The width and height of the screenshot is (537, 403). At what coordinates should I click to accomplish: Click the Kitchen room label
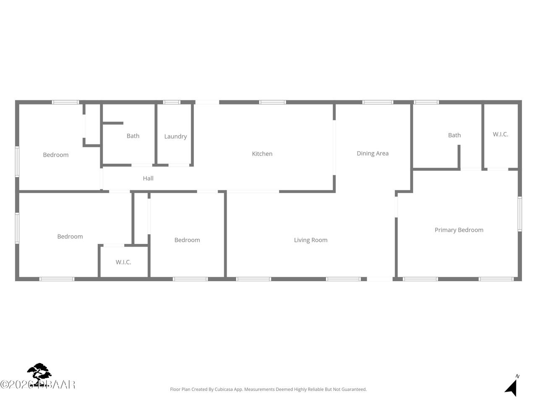tap(262, 154)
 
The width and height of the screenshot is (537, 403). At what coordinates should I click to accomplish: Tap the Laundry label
tap(175, 136)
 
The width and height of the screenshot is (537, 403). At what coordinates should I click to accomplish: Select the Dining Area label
tap(373, 154)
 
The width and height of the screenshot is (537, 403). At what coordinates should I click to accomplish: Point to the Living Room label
tap(310, 240)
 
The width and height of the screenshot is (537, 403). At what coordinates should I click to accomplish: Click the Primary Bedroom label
tap(459, 230)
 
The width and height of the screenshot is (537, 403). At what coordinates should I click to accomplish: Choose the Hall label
tap(148, 178)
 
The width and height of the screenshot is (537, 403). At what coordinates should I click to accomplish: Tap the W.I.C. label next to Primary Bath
tap(501, 134)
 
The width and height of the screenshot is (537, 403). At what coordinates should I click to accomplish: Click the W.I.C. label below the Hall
tap(123, 262)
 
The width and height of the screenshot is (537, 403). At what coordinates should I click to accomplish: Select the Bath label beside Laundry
tap(133, 136)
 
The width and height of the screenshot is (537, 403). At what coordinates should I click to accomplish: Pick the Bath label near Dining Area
tap(454, 135)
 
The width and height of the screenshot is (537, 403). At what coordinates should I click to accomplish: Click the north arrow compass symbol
tap(512, 386)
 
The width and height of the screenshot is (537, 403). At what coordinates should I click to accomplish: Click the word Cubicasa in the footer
tap(224, 390)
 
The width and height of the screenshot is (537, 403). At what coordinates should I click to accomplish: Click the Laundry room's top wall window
tap(172, 102)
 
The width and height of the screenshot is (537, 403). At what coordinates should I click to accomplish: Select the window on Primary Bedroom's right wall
tap(519, 214)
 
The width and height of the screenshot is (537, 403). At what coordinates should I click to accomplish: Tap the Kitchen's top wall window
tap(272, 102)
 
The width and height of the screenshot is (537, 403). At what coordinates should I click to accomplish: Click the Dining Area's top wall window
tap(378, 102)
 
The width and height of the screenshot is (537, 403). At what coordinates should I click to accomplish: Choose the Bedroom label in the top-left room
tap(56, 155)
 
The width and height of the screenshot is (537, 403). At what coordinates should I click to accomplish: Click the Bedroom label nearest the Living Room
tap(187, 240)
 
